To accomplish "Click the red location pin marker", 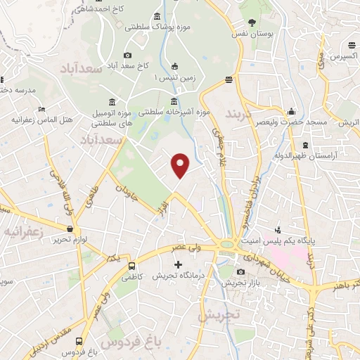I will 181,166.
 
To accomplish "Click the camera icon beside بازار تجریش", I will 240,272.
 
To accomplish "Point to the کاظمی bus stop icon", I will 132,265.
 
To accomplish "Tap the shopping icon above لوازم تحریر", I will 70,229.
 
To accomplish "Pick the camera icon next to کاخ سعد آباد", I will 127,55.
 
